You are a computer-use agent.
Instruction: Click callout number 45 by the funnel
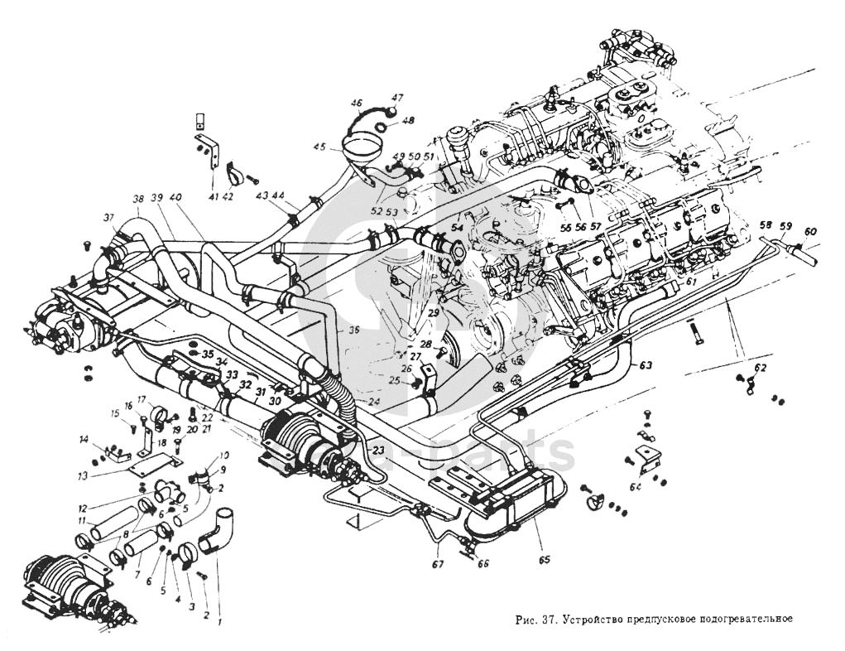tap(320, 147)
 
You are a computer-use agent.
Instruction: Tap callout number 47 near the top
tap(397, 98)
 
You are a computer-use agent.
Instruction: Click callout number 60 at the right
tap(809, 231)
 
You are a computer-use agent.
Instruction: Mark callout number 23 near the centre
tap(378, 451)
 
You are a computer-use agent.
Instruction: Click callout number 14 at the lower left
tap(84, 438)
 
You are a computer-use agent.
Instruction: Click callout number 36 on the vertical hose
tap(331, 330)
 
